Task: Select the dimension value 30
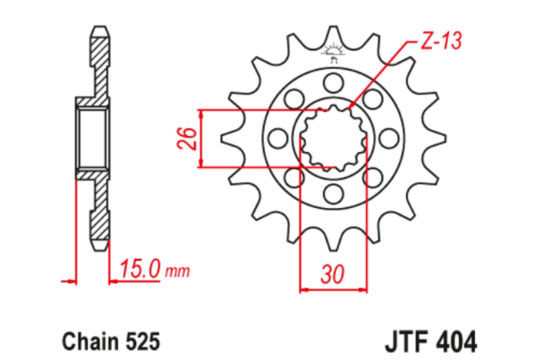(x=332, y=273)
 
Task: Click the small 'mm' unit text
(x=177, y=271)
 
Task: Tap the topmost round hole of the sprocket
(x=332, y=83)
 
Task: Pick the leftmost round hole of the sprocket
(x=278, y=138)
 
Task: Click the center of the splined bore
(x=332, y=138)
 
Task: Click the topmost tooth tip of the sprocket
(x=333, y=28)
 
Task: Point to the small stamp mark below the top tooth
(x=333, y=53)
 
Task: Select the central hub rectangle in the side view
(x=93, y=137)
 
